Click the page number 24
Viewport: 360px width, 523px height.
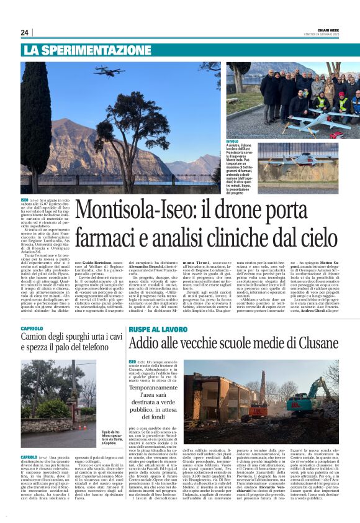[x=24, y=32]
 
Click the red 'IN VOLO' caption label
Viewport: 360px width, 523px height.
[x=232, y=142]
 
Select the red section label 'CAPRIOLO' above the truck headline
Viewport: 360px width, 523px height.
[x=32, y=328]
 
